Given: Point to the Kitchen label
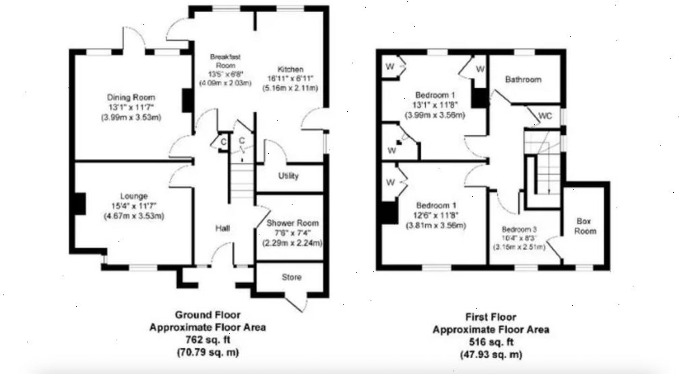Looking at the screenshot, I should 290,69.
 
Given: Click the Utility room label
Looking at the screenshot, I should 288,177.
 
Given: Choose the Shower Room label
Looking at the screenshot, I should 292,223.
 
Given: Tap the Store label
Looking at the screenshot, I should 291,278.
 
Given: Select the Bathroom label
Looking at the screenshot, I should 524,80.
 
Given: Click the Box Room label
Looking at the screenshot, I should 585,226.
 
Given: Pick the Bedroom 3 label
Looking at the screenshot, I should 520,228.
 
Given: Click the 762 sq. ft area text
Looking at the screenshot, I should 208,340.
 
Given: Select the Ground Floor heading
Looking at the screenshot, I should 208,315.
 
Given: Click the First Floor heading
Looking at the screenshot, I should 491,317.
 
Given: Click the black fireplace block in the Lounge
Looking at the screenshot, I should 80,204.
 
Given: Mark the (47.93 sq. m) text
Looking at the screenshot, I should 490,354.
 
